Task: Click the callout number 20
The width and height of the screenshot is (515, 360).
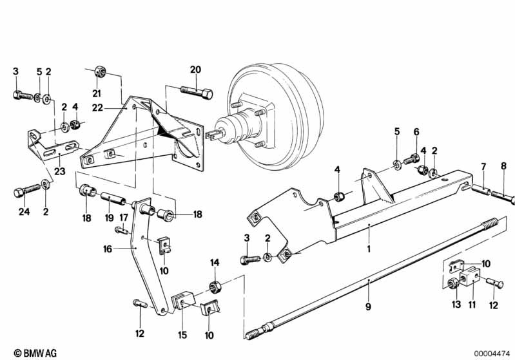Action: (x=195, y=70)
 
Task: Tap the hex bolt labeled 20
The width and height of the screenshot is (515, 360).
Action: (x=197, y=93)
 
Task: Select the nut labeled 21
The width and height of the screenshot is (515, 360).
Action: (x=100, y=72)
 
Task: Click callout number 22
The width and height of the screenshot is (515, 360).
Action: (x=97, y=108)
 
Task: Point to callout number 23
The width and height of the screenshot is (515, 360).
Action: (x=60, y=171)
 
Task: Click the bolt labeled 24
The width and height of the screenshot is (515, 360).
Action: (x=27, y=190)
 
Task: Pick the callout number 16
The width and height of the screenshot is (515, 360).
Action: (x=108, y=249)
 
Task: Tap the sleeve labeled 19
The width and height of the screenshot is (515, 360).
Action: (x=113, y=199)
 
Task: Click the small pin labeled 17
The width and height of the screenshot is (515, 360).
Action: (x=122, y=231)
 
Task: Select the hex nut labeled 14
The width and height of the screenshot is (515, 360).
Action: (x=215, y=287)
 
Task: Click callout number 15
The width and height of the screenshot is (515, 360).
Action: (x=182, y=335)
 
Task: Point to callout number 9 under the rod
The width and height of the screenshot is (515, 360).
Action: (x=368, y=307)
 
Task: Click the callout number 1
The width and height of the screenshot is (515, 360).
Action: (x=369, y=249)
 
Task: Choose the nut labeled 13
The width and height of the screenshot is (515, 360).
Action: (x=453, y=284)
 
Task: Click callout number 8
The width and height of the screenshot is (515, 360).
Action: (x=504, y=166)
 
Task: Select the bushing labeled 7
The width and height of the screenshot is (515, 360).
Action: (x=481, y=190)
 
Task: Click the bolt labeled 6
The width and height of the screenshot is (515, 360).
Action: (x=411, y=159)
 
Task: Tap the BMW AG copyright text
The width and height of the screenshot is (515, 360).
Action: (x=35, y=353)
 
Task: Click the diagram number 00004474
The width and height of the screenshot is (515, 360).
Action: (x=492, y=354)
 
